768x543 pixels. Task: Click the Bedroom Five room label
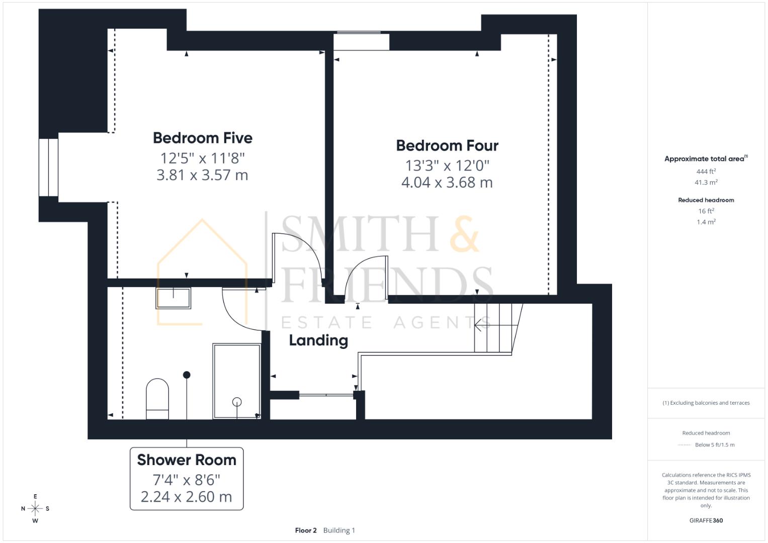202,138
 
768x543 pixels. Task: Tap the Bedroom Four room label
447,145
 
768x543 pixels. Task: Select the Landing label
318,340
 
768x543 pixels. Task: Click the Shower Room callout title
187,460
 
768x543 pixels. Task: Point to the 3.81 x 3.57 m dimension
202,175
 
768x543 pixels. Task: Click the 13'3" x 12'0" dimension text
447,165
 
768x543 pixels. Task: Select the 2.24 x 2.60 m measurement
187,497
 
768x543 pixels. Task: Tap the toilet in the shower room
157,398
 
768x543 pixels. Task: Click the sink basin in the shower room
174,298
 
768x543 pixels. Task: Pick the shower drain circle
237,402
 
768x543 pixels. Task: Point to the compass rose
35,508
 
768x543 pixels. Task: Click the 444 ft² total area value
706,171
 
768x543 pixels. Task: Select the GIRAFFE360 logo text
706,520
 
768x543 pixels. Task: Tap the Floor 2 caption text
306,530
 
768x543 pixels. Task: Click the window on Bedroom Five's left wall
49,167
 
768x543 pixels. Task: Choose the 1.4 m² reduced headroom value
706,222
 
